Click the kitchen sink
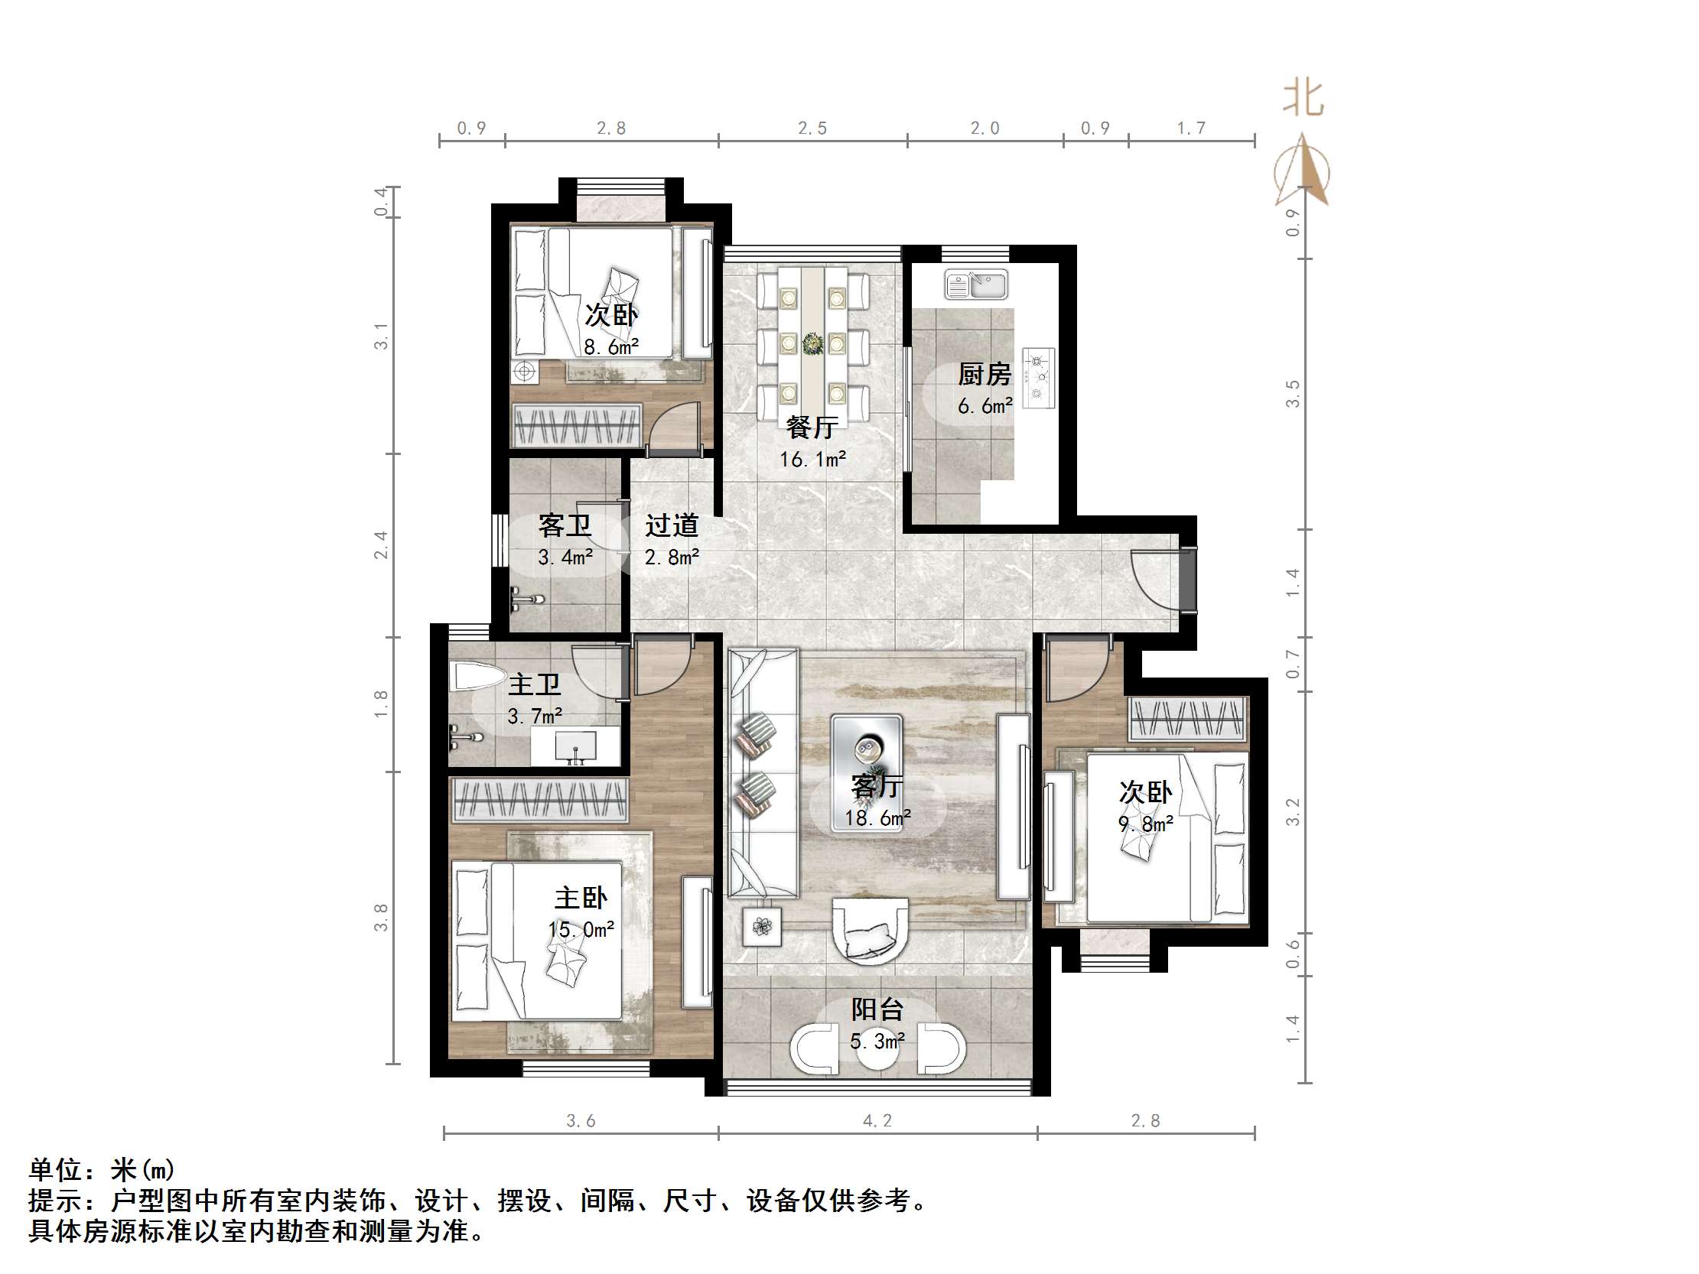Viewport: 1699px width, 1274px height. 976,284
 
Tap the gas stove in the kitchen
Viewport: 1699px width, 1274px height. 1039,378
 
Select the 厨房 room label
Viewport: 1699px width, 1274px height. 985,375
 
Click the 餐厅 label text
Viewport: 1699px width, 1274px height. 812,427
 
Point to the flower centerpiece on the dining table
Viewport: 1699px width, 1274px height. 812,343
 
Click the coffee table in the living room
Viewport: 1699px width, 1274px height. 867,772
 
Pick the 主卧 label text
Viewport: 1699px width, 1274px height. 581,898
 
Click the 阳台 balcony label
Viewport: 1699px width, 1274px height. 877,1009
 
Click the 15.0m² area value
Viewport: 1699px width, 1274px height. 581,930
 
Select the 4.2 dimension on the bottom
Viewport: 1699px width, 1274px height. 877,1120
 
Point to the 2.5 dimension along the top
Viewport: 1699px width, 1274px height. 812,128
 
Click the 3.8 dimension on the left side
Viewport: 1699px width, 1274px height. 381,918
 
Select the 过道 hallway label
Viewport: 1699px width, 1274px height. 672,525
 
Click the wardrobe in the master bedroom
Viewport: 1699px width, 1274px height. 540,798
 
